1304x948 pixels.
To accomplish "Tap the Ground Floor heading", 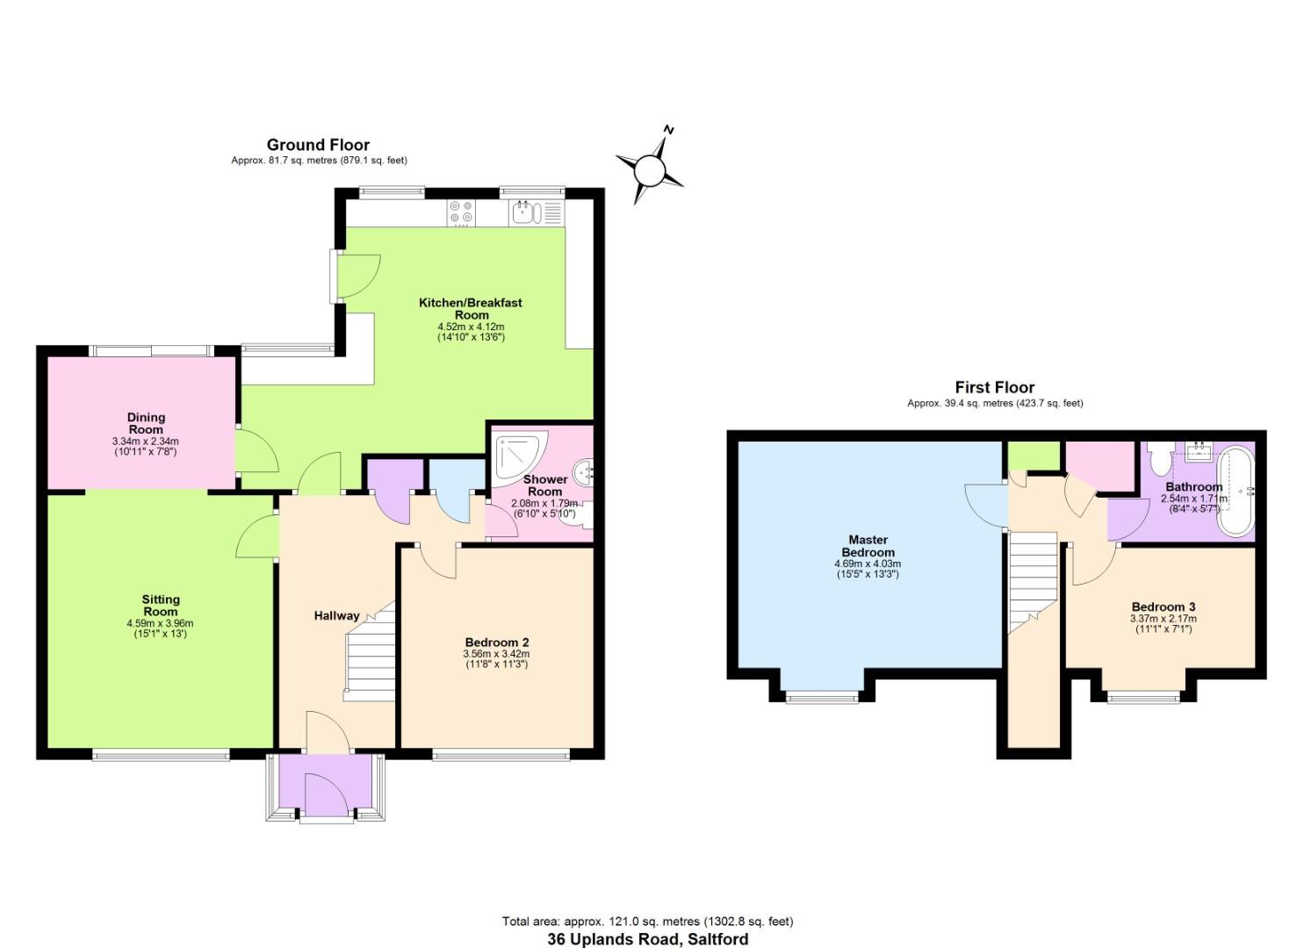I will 318,145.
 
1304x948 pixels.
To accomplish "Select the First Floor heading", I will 994,387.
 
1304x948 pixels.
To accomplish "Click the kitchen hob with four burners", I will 461,212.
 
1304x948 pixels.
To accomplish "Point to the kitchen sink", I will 524,212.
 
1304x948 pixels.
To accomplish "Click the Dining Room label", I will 146,423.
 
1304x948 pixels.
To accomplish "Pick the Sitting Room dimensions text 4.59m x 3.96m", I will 160,623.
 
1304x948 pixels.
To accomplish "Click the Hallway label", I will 336,615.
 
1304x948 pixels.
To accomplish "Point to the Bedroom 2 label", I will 496,642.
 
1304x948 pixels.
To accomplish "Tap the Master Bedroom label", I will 868,546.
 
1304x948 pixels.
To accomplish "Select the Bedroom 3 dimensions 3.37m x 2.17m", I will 1163,619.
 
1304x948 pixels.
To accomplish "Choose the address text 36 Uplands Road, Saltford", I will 648,938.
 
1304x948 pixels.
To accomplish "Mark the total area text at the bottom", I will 647,921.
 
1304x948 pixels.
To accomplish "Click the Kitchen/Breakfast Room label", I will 471,308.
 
